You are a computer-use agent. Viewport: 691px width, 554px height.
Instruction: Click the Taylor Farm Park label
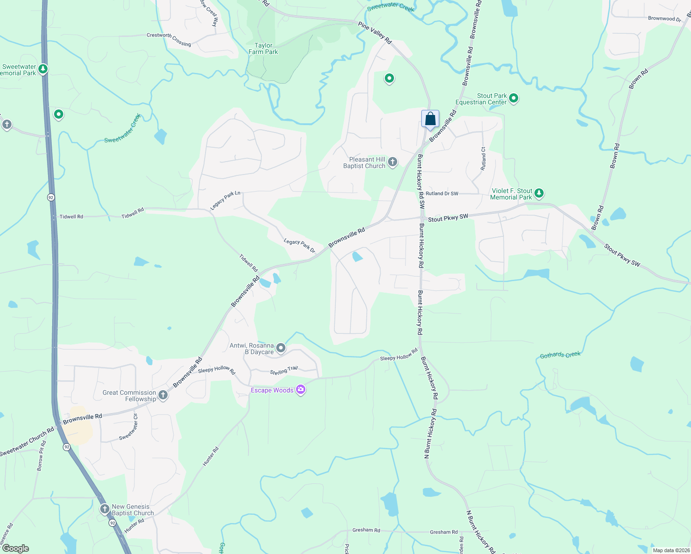tap(263, 48)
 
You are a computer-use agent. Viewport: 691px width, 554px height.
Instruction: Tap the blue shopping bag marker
tap(430, 119)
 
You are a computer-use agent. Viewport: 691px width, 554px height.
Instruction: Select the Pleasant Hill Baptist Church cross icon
tap(393, 162)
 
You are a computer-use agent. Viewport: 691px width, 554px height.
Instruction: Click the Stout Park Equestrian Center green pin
tap(514, 98)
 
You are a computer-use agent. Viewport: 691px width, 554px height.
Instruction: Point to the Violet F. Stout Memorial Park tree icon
tap(539, 193)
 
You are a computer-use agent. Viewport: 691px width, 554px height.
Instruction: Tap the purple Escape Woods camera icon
tap(301, 390)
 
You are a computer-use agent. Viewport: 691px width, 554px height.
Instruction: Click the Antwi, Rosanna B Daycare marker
tap(281, 348)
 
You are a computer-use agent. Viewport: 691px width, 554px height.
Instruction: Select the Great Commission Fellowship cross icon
tap(163, 395)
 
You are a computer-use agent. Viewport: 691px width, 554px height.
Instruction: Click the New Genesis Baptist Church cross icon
tap(105, 509)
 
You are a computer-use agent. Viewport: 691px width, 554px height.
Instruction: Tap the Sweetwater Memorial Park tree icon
tap(43, 69)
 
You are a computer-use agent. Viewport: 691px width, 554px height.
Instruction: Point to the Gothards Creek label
tap(560, 355)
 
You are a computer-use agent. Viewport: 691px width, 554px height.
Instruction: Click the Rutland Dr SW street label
tap(442, 193)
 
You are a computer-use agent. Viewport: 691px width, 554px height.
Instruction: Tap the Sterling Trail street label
tap(284, 371)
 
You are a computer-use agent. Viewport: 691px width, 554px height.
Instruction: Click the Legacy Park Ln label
tap(225, 200)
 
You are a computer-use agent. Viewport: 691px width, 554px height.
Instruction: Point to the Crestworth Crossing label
tap(169, 39)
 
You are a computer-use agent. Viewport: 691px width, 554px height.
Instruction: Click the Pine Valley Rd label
tap(375, 34)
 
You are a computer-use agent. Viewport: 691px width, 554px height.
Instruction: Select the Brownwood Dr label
tap(664, 19)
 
